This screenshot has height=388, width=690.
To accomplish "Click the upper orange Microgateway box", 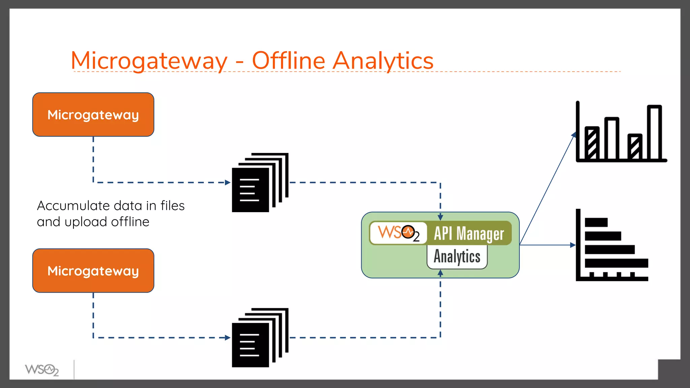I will click(x=93, y=115).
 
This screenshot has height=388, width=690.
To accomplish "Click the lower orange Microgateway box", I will click(x=93, y=271).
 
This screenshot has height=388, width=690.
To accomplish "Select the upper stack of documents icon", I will click(x=260, y=183).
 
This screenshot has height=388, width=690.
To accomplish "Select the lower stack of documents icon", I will click(x=260, y=337).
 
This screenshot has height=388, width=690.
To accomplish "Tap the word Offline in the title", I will click(x=288, y=61).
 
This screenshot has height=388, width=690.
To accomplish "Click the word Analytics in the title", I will click(x=383, y=61).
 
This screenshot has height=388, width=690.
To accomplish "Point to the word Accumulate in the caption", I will click(x=73, y=205).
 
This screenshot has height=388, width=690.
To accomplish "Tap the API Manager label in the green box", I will click(x=469, y=233).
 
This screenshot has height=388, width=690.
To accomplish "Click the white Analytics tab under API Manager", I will click(x=457, y=257).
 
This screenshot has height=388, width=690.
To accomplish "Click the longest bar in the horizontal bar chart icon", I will click(x=616, y=263).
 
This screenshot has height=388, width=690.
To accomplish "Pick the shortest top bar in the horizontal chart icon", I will click(x=596, y=222).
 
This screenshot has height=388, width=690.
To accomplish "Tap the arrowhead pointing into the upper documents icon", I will click(x=228, y=183).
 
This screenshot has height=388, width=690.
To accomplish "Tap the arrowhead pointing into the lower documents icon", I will click(x=228, y=337).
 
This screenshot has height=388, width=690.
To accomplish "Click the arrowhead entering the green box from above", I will click(x=440, y=218).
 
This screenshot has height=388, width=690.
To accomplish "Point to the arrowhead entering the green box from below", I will click(x=440, y=273).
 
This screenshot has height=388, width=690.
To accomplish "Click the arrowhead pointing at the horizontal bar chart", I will click(x=573, y=245).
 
